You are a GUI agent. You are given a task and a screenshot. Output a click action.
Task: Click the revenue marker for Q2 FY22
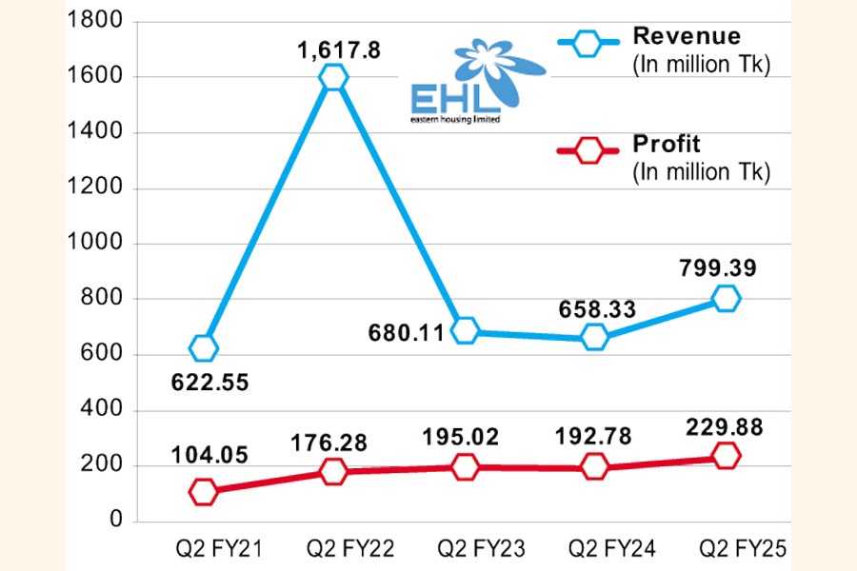tap(333, 77)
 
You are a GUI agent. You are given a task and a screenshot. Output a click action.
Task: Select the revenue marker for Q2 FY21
tap(203, 348)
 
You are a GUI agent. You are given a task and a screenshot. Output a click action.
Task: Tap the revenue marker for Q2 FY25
tap(726, 299)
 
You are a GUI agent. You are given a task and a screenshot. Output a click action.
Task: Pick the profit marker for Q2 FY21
tap(203, 492)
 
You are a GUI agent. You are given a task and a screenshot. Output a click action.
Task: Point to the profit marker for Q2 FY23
tap(465, 466)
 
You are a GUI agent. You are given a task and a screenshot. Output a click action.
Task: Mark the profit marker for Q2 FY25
tap(726, 455)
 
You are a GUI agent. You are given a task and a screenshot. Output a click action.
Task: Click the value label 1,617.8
tap(332, 49)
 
